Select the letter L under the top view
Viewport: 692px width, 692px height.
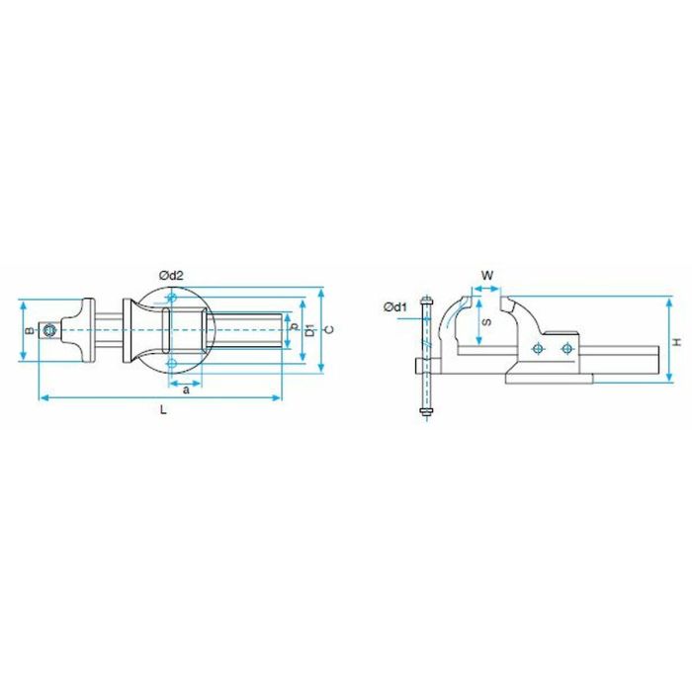pos(163,411)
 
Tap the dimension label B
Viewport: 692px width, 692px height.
pos(30,331)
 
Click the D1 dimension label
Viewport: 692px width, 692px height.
pos(309,329)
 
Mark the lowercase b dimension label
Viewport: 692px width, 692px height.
pos(294,327)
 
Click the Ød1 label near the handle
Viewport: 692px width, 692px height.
pos(395,307)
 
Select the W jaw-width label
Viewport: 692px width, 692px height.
pos(486,274)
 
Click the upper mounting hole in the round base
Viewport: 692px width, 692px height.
pos(173,298)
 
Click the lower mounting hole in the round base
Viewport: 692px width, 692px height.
pos(173,364)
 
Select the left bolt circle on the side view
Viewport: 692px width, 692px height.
pos(537,348)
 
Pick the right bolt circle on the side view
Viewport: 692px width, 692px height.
pos(566,348)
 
